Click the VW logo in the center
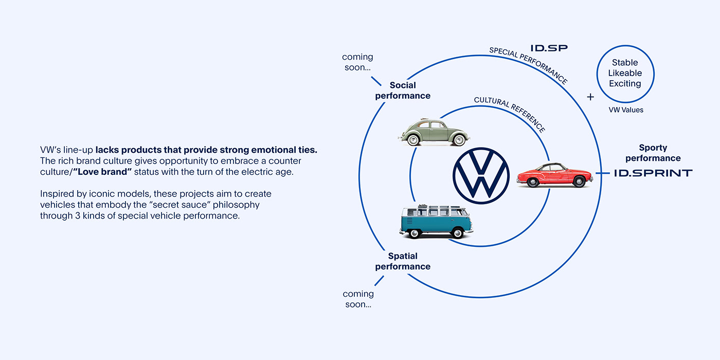tap(481, 175)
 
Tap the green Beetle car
tap(434, 132)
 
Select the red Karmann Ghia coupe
tap(554, 175)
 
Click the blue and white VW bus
tap(436, 222)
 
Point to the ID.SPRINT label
tap(653, 173)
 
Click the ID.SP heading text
tap(549, 48)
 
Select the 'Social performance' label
tap(403, 91)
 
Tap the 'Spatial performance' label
tap(403, 261)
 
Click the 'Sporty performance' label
tap(653, 153)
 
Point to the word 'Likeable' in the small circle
tap(625, 73)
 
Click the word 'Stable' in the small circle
tap(625, 63)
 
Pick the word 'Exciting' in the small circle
tap(625, 83)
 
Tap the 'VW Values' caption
tap(625, 110)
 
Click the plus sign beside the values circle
tap(590, 97)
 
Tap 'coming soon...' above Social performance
tap(357, 62)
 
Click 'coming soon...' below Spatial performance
tap(358, 299)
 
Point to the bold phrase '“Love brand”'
tap(103, 172)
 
